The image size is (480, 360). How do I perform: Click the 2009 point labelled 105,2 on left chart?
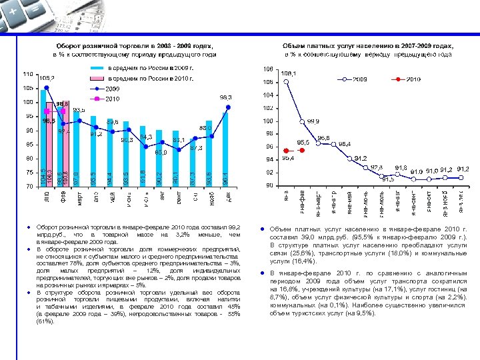pyautogui.click(x=45, y=87)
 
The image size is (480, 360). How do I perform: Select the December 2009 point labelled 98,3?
pyautogui.click(x=228, y=107)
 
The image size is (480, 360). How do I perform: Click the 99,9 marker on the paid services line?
pyautogui.click(x=302, y=121)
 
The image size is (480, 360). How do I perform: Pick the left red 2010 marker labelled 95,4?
pyautogui.click(x=286, y=151)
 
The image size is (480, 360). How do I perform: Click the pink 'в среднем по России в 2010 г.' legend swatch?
pyautogui.click(x=98, y=79)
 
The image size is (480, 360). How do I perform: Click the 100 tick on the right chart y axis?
pyautogui.click(x=268, y=121)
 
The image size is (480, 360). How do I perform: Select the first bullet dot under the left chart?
pyautogui.click(x=31, y=229)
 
